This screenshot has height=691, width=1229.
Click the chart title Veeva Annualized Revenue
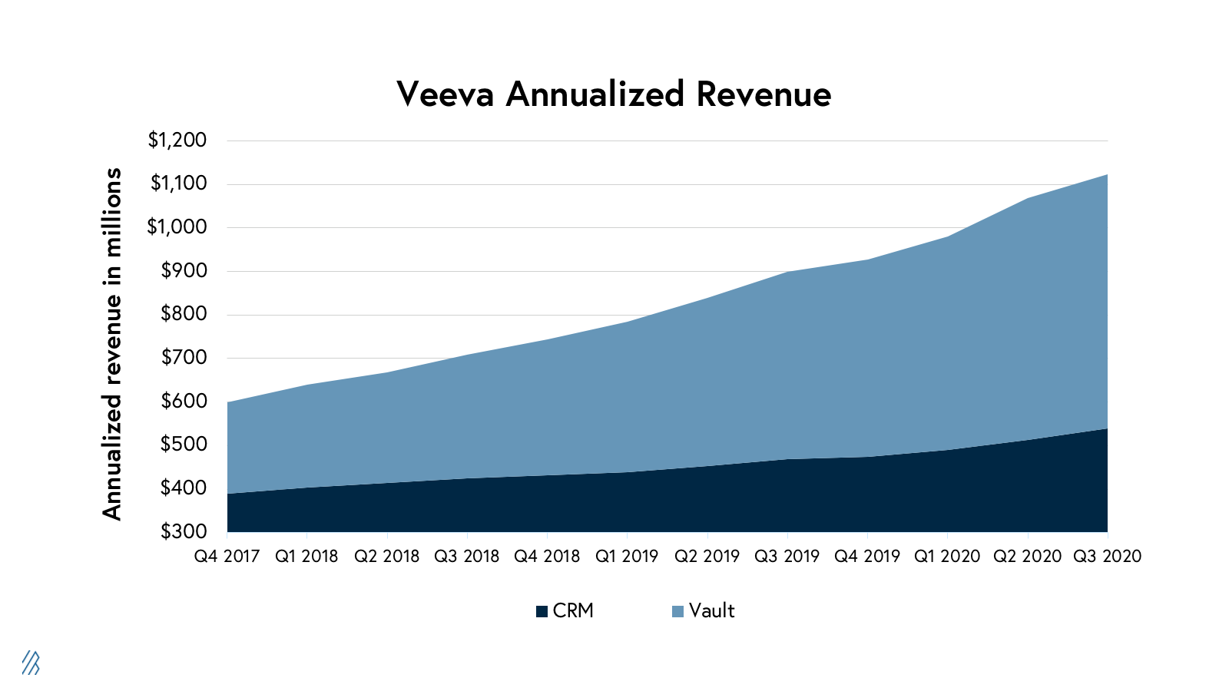[614, 94]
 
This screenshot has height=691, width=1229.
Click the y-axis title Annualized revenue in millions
[113, 344]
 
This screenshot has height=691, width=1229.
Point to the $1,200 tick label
[177, 140]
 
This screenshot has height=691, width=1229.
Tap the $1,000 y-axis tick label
[177, 226]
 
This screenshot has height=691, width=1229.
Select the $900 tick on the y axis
[184, 270]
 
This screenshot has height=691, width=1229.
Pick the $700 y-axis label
[184, 357]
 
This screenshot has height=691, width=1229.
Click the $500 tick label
[184, 444]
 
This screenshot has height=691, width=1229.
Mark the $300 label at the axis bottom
[184, 531]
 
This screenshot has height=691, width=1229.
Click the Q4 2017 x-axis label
[227, 556]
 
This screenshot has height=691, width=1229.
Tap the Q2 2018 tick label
[386, 556]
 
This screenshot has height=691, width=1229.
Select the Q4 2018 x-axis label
[547, 556]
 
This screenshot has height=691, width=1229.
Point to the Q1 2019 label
[627, 556]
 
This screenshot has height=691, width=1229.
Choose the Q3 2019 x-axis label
[787, 556]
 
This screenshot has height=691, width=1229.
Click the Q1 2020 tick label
[947, 556]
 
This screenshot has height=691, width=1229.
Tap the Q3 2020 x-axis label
[1107, 556]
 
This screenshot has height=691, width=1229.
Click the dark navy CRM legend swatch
[542, 612]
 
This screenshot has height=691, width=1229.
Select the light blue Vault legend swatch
[677, 612]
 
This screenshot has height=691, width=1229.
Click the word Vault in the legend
[712, 611]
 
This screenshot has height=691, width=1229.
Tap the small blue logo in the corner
[31, 663]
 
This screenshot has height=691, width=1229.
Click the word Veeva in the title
[445, 94]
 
